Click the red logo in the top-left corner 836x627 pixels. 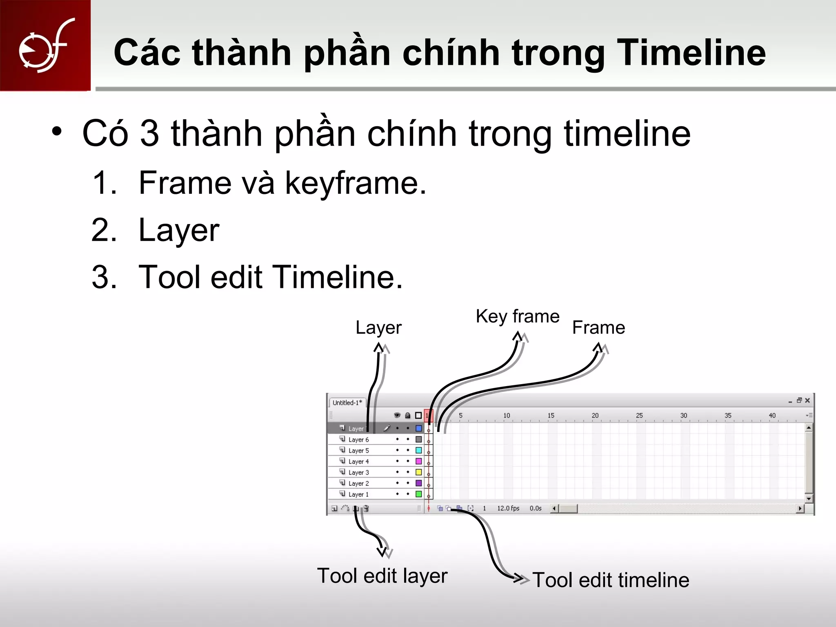point(45,45)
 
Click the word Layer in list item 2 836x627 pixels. point(179,231)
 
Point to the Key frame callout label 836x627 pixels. point(517,317)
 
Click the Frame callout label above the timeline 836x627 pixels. point(598,328)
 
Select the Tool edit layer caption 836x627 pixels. point(382,576)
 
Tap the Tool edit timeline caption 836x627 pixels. point(611,580)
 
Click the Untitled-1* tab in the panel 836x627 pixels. point(347,403)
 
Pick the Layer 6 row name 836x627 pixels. point(358,440)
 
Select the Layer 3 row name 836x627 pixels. point(358,472)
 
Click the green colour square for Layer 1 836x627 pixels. point(418,494)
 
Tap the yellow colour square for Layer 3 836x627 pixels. point(418,472)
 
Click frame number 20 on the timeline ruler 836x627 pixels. point(595,416)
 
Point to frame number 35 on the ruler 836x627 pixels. point(728,416)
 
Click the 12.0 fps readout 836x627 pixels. point(508,508)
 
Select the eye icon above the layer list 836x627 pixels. point(397,416)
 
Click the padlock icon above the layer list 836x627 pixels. point(407,416)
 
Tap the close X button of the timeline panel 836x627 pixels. point(807,400)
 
